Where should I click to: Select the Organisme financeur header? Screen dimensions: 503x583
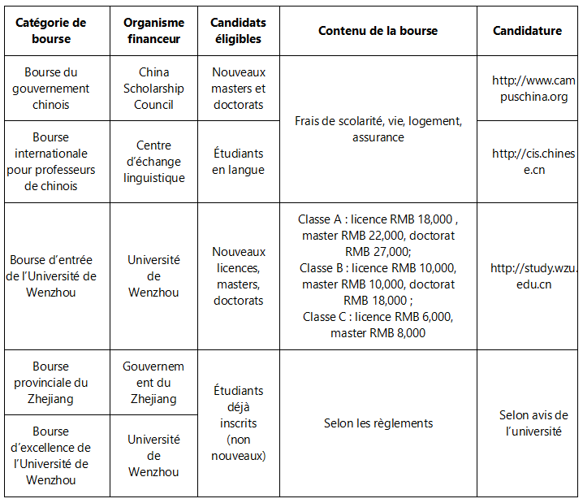(x=153, y=31)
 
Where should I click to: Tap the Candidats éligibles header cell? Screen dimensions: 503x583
(x=238, y=31)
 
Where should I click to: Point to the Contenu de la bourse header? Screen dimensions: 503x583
(x=378, y=31)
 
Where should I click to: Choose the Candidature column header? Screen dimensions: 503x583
(x=527, y=31)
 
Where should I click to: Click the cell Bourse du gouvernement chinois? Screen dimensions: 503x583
(x=57, y=89)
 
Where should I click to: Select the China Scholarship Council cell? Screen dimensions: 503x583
(x=153, y=89)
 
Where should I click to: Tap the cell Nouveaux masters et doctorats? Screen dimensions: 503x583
(x=238, y=89)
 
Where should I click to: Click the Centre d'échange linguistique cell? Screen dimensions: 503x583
(x=153, y=162)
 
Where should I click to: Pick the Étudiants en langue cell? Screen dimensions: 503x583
(x=238, y=162)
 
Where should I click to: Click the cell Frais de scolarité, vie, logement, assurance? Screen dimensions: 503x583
(x=378, y=129)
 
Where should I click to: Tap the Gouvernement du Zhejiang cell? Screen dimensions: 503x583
(x=153, y=383)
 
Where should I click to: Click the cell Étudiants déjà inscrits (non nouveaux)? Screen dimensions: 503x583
(x=238, y=423)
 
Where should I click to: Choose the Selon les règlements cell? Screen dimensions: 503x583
(x=378, y=423)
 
